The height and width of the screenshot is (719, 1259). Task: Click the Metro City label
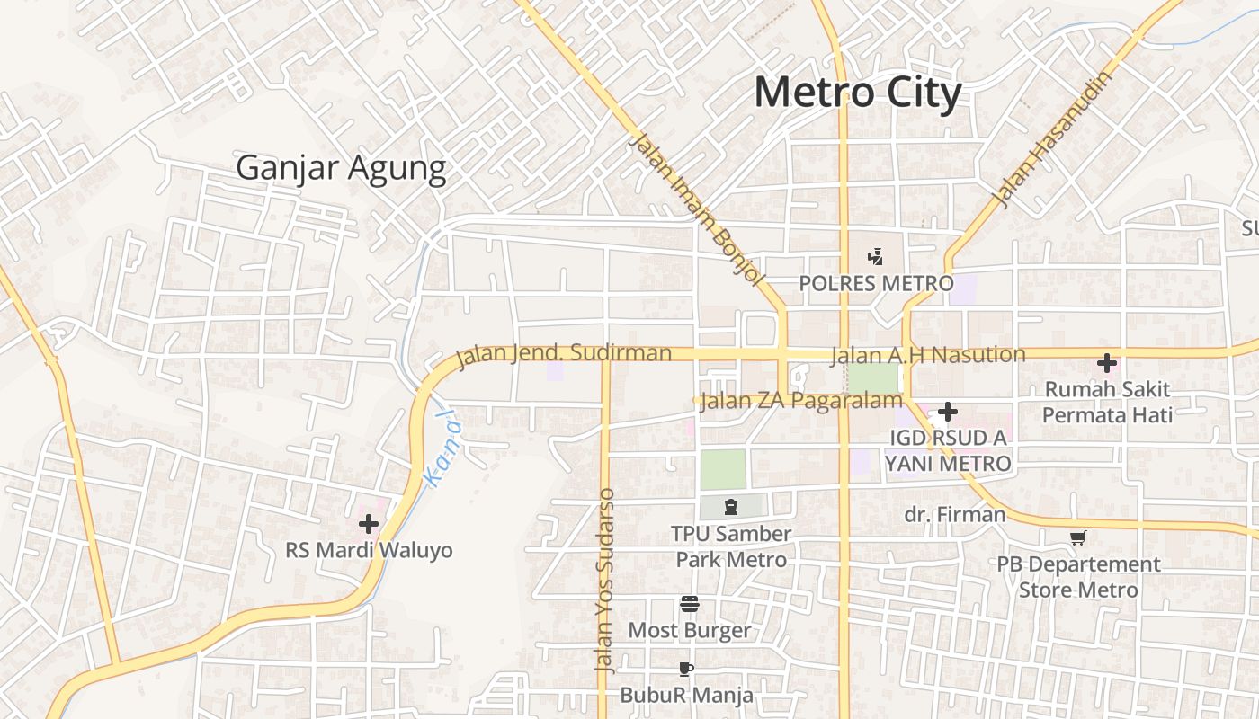pyautogui.click(x=857, y=93)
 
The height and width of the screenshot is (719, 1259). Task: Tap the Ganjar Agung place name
pyautogui.click(x=341, y=167)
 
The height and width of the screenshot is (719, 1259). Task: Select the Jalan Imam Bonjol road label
pyautogui.click(x=694, y=209)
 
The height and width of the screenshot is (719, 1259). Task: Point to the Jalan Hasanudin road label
pyautogui.click(x=1053, y=139)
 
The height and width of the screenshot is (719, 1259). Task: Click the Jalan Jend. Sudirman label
pyautogui.click(x=564, y=353)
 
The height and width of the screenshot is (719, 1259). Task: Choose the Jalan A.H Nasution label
pyautogui.click(x=927, y=354)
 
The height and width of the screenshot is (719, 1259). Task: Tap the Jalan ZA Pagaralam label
pyautogui.click(x=800, y=401)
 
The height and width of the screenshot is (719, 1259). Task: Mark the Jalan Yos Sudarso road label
pyautogui.click(x=605, y=581)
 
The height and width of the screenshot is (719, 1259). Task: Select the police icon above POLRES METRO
pyautogui.click(x=875, y=257)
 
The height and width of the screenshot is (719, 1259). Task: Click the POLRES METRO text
pyautogui.click(x=876, y=284)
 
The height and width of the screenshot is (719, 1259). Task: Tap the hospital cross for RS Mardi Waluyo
pyautogui.click(x=369, y=523)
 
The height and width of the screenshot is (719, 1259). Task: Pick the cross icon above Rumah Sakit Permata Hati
pyautogui.click(x=1107, y=363)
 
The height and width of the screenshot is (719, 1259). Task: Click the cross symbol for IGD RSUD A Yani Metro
pyautogui.click(x=947, y=412)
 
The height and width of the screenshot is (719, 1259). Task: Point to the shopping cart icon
pyautogui.click(x=1078, y=537)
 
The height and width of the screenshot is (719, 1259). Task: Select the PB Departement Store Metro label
pyautogui.click(x=1078, y=577)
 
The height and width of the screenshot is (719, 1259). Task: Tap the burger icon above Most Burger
pyautogui.click(x=690, y=603)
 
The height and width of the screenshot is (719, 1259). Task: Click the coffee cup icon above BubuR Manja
pyautogui.click(x=686, y=669)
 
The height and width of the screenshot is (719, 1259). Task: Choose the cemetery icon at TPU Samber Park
pyautogui.click(x=730, y=507)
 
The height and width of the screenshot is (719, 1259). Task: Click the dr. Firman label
pyautogui.click(x=954, y=515)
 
